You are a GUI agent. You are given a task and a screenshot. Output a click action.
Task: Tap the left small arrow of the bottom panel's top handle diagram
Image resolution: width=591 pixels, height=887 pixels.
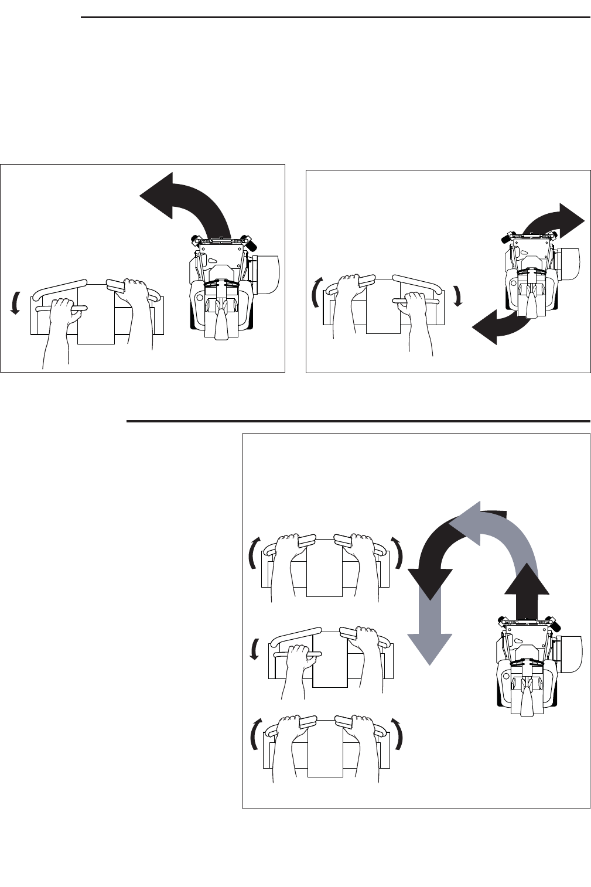(252, 552)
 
